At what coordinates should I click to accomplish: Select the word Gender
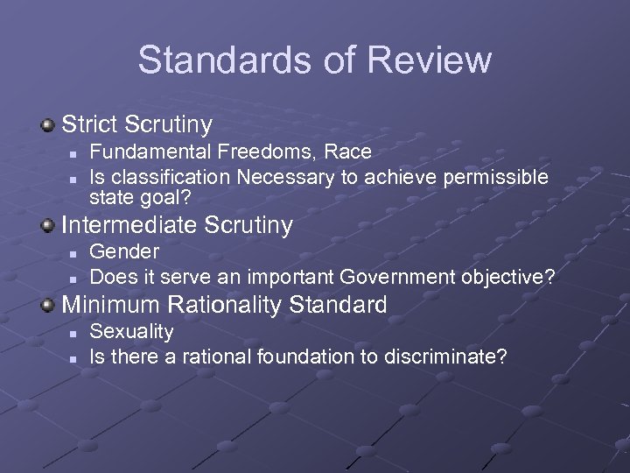tap(125, 252)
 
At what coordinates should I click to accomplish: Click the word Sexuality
tap(132, 332)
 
